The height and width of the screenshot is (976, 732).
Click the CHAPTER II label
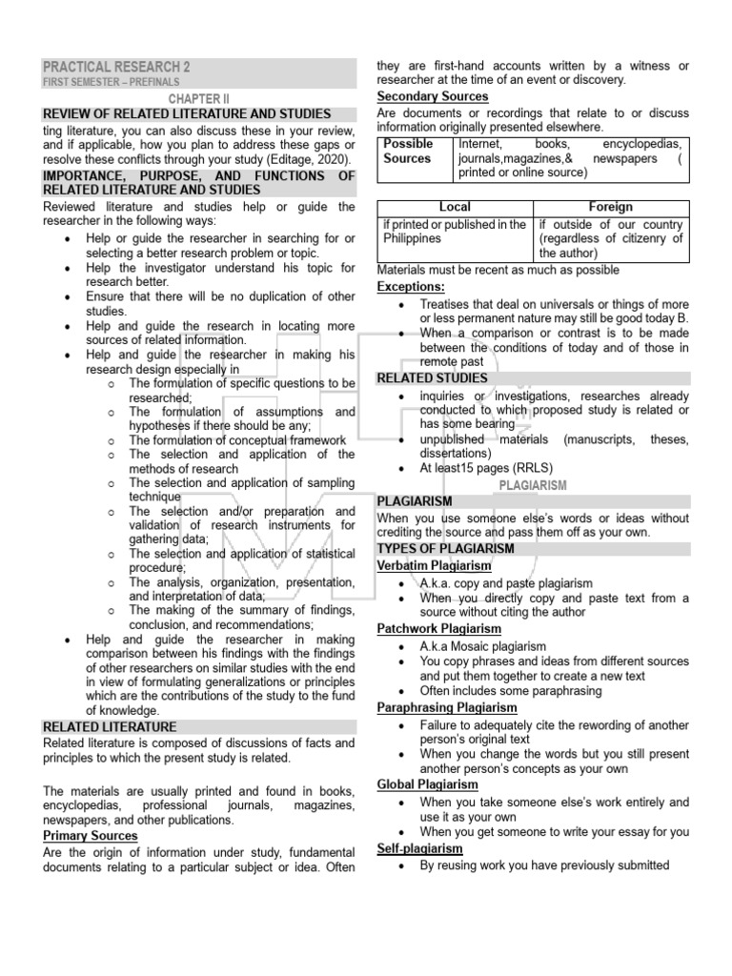[199, 98]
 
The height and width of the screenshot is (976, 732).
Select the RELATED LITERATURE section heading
[110, 726]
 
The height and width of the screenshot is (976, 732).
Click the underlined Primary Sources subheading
[91, 836]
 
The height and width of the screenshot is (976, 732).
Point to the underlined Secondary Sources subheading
[433, 96]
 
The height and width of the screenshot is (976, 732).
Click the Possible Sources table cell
[408, 151]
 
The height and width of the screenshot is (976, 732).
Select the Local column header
[455, 207]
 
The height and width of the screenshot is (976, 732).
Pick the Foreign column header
[611, 207]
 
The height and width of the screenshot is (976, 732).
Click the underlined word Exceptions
[411, 286]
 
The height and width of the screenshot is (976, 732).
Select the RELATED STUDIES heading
[432, 378]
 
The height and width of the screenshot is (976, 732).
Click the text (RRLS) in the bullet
[536, 468]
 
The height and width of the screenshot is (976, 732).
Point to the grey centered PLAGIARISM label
[533, 485]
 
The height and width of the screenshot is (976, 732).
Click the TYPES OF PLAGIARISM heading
[445, 549]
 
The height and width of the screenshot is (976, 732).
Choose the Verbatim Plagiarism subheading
[435, 565]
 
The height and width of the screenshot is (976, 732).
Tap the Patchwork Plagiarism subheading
[438, 629]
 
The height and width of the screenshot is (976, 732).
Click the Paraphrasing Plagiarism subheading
[447, 708]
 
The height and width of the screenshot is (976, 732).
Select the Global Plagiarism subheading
[428, 784]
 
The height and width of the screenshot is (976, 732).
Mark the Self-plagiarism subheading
[419, 848]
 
